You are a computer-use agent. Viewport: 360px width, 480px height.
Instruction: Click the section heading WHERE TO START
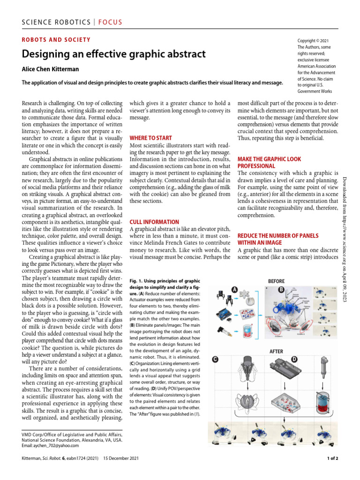pos(150,138)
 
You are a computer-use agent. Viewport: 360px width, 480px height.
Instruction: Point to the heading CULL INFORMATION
pos(154,222)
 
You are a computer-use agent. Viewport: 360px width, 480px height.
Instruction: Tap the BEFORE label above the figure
pos(276,281)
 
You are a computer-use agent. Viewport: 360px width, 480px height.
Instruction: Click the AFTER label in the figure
pos(276,351)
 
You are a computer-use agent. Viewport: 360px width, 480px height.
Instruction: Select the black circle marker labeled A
pos(233,289)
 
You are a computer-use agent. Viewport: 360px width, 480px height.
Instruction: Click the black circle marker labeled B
pos(282,289)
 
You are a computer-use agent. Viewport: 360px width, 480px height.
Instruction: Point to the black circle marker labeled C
pos(216,360)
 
